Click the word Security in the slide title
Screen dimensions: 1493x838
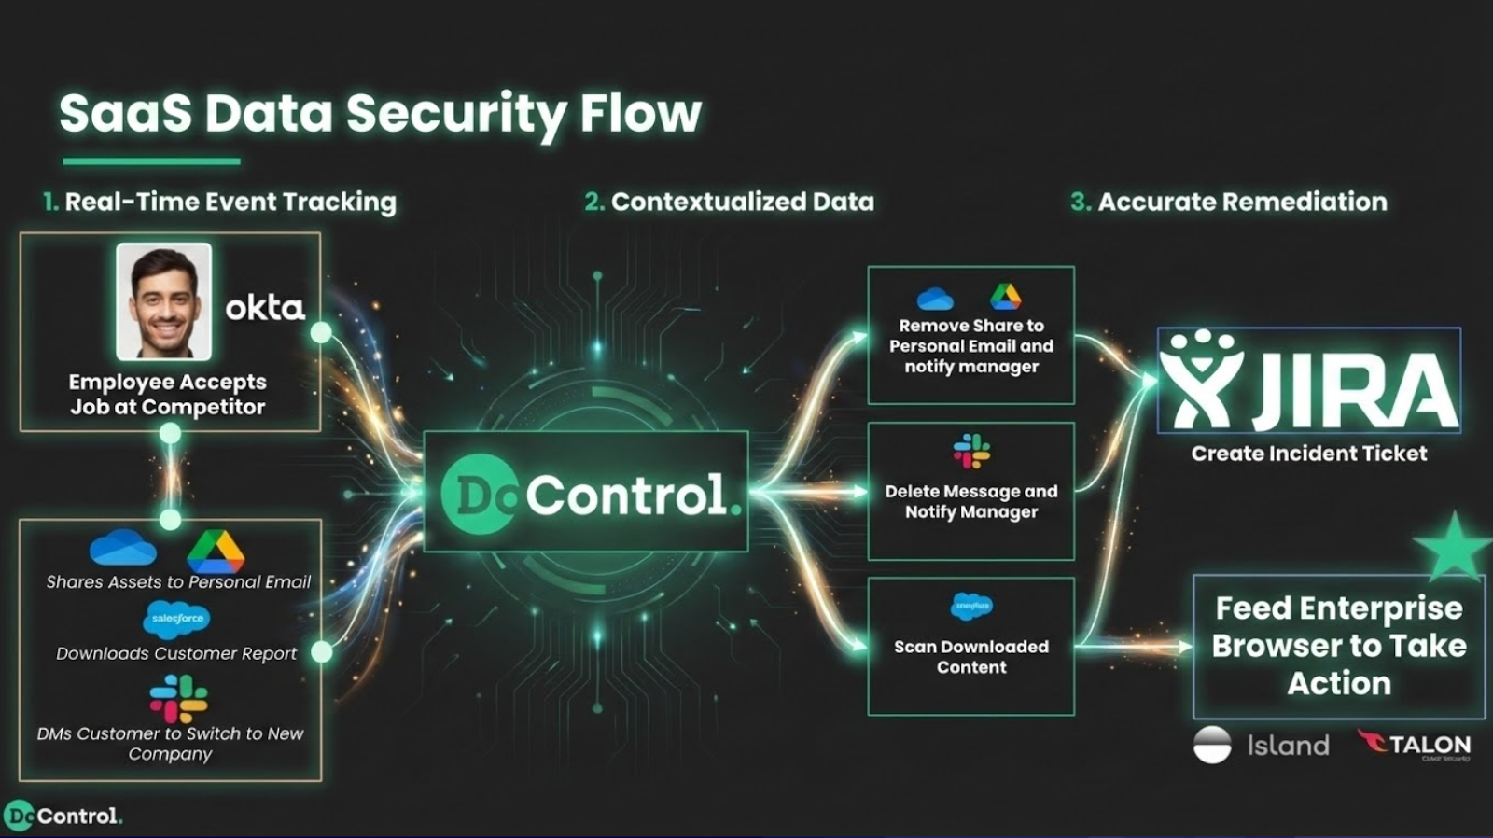pos(454,115)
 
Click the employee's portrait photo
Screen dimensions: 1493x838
pos(164,301)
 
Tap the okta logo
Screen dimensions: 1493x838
pos(265,307)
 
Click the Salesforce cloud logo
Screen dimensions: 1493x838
pos(176,619)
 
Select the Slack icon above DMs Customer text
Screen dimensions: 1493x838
pos(178,699)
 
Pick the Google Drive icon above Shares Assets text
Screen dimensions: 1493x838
pos(216,552)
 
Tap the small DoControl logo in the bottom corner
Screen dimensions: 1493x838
pos(63,816)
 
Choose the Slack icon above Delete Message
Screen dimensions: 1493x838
pos(971,451)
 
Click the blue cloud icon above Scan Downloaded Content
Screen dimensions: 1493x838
pos(971,607)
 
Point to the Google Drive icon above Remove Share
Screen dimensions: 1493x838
pos(1005,297)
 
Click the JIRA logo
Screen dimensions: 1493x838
pos(1308,381)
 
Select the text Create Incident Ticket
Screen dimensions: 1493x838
pos(1308,454)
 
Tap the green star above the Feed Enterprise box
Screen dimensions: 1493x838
pos(1452,546)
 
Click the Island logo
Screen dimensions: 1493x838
pos(1262,745)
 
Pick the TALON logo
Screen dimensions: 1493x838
pos(1415,744)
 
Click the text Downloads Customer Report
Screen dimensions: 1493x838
pos(176,653)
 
